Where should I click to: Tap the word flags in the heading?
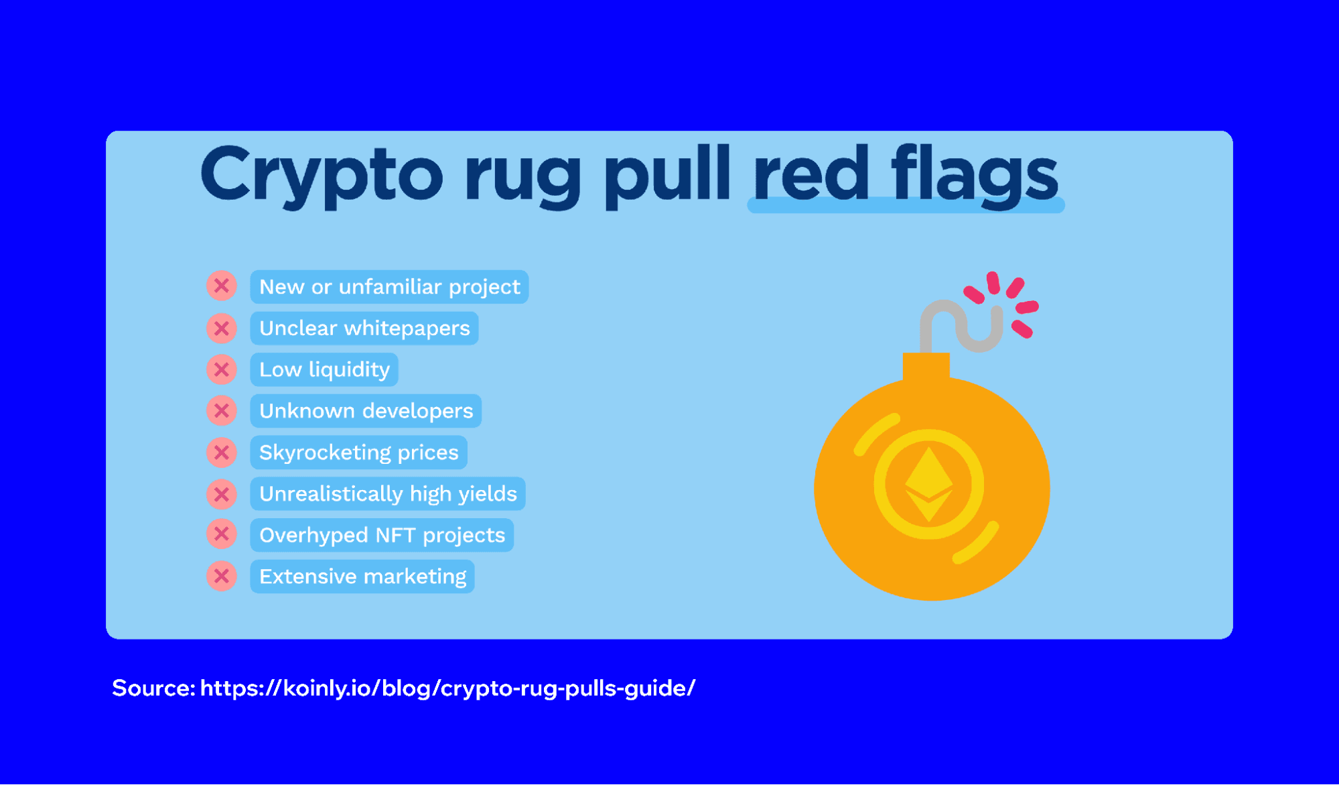pos(975,176)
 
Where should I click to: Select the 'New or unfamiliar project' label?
pos(389,287)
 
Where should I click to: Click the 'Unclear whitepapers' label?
pos(364,328)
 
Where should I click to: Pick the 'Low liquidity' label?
pos(324,369)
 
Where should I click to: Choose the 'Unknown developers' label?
pos(366,411)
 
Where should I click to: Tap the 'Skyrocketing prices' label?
pos(358,452)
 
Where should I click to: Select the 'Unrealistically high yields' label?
pos(388,494)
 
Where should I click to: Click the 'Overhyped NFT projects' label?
pos(382,535)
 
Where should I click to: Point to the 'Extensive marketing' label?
pos(362,577)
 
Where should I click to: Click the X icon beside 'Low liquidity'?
pos(222,369)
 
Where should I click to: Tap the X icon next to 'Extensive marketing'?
pos(222,577)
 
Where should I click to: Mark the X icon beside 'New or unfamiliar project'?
pos(222,286)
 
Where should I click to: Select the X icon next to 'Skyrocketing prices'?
pos(222,452)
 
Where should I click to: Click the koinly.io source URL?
pos(447,688)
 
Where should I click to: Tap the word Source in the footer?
pos(153,688)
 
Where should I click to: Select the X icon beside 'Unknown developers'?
pos(222,411)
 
